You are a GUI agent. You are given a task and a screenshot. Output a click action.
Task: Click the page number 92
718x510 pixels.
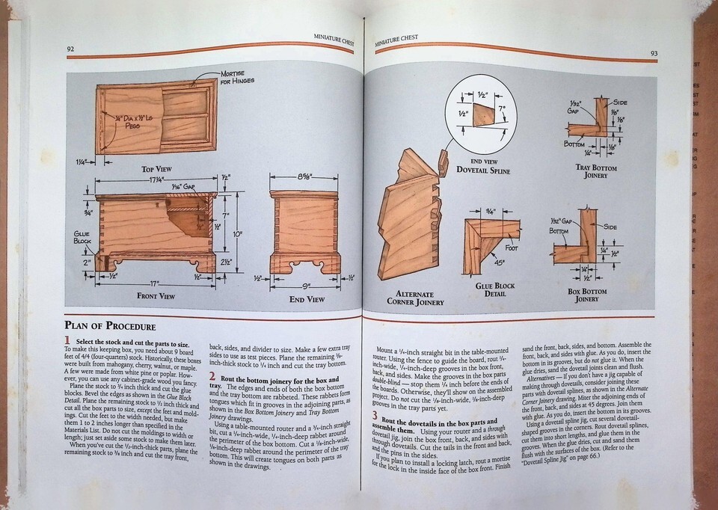(x=70, y=50)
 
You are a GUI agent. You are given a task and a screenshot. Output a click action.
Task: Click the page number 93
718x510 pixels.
(x=654, y=53)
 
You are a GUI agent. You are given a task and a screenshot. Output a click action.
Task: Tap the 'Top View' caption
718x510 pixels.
(x=156, y=169)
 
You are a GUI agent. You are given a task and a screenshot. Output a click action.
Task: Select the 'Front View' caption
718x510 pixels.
(x=156, y=295)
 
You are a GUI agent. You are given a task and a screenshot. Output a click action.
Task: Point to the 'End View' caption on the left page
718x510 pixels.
(x=307, y=299)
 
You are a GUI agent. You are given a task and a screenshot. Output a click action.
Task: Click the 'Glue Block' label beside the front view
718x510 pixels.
(x=82, y=236)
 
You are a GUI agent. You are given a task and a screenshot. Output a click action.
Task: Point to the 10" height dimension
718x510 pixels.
(x=239, y=233)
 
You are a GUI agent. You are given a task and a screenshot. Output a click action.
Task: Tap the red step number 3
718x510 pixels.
(x=375, y=416)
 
